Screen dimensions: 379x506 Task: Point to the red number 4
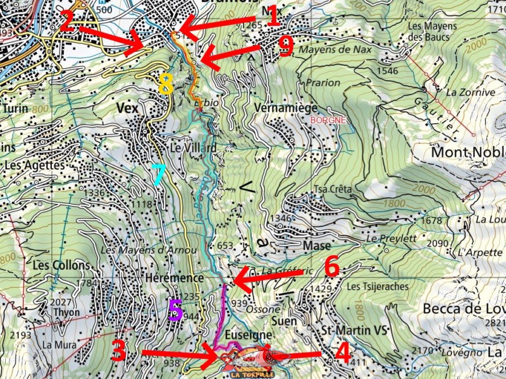(x=342, y=352)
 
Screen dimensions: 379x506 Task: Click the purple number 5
(x=175, y=310)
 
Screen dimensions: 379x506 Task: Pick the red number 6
(x=331, y=267)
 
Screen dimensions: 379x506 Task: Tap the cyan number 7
(x=158, y=174)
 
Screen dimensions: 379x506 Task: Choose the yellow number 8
(x=166, y=83)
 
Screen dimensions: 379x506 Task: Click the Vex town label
(x=128, y=108)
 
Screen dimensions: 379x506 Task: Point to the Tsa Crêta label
(x=333, y=189)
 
